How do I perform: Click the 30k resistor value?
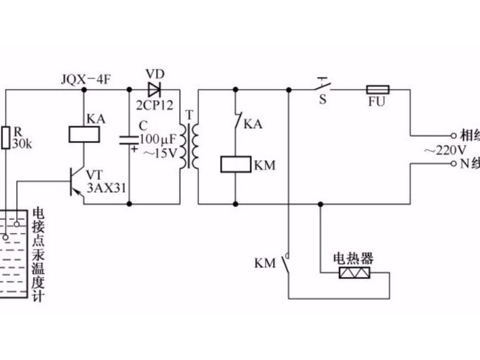coord(22,145)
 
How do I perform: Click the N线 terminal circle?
coord(454,164)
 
